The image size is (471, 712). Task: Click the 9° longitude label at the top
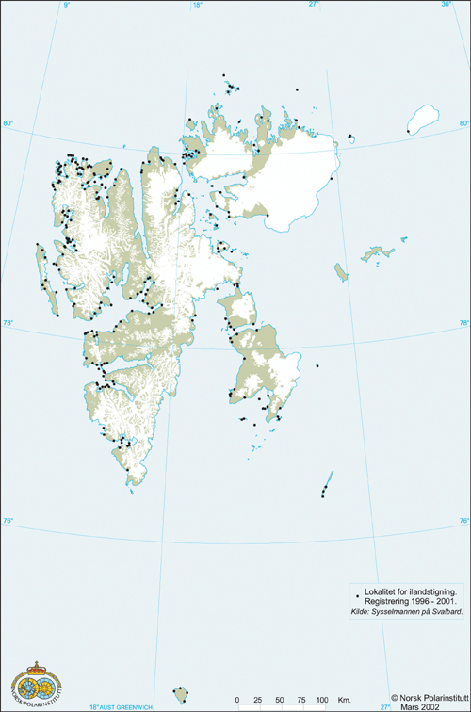click(67, 5)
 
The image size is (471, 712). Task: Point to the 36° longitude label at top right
click(446, 5)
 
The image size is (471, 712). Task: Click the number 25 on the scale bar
click(258, 699)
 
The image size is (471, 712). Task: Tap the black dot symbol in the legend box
click(356, 591)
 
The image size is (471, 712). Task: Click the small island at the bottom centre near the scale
click(180, 695)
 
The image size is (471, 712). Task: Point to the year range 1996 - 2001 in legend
click(433, 601)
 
